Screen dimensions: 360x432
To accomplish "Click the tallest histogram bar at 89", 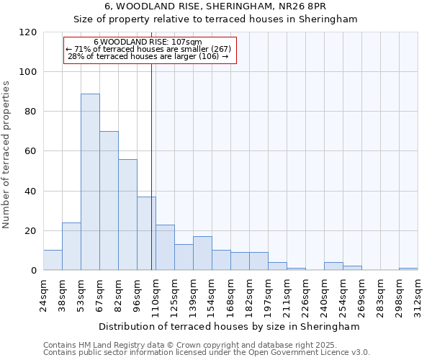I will (90, 181).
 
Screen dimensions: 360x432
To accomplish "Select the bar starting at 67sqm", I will (109, 200).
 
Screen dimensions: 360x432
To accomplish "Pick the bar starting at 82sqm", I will (127, 215).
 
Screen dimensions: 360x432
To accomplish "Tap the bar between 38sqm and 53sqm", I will (71, 246).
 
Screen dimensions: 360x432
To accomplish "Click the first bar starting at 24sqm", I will (53, 260).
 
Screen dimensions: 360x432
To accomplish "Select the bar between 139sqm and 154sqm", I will (202, 253).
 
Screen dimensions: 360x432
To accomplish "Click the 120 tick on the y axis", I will (29, 32).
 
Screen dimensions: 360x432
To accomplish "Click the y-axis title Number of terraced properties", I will (6, 155).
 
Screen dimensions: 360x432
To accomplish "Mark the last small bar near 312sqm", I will (408, 269).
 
